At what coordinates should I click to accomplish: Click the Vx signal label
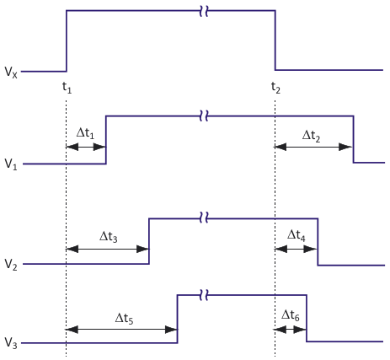point(11,73)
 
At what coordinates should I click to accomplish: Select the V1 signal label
point(11,164)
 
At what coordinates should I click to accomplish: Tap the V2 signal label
point(11,265)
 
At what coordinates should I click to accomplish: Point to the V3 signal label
point(11,343)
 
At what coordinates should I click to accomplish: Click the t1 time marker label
point(67,88)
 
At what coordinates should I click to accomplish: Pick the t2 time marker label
point(275,88)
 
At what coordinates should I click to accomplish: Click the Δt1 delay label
point(85,133)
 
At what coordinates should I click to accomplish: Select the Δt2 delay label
point(311,136)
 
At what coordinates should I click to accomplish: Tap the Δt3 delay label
point(109,237)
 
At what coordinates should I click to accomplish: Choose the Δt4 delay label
point(297,235)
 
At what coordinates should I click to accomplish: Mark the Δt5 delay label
point(125,319)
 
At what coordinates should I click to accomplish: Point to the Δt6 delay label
point(291,315)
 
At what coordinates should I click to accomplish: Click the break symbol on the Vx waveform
point(204,11)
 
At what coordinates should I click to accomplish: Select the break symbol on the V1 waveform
point(204,116)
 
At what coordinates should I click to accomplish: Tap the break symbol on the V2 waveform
point(204,218)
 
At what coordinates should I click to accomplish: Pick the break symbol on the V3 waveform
point(204,295)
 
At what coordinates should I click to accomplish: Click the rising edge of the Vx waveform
point(67,41)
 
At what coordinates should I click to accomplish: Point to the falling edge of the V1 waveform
point(353,139)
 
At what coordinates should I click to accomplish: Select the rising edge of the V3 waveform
point(178,319)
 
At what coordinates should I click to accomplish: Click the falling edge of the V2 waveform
point(318,242)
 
